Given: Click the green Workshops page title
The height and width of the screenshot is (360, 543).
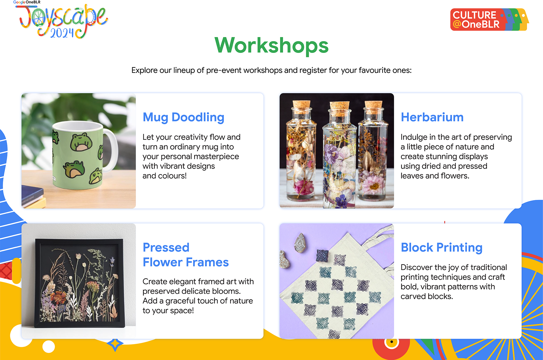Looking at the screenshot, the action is pyautogui.click(x=271, y=46).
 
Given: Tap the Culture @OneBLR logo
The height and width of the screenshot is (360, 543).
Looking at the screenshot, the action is pyautogui.click(x=490, y=19).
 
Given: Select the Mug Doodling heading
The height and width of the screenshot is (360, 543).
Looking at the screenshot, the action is pyautogui.click(x=183, y=117).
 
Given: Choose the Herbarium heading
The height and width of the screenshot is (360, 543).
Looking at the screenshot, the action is pyautogui.click(x=432, y=117).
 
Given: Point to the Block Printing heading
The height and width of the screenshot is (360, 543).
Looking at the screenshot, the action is pyautogui.click(x=442, y=248).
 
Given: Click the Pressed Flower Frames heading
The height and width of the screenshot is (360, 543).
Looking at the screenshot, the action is pyautogui.click(x=186, y=255).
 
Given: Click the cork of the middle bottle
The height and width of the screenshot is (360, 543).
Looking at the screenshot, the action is pyautogui.click(x=340, y=107).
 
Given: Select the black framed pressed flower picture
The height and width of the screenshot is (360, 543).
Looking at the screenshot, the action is pyautogui.click(x=79, y=283).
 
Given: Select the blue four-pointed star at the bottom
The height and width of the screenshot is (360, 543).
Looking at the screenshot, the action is pyautogui.click(x=115, y=344).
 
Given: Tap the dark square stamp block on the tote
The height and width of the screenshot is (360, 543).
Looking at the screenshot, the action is pyautogui.click(x=322, y=256).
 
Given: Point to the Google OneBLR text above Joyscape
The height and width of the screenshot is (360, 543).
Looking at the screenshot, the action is pyautogui.click(x=27, y=2).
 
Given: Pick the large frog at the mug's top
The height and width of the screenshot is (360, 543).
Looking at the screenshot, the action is pyautogui.click(x=80, y=142).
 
